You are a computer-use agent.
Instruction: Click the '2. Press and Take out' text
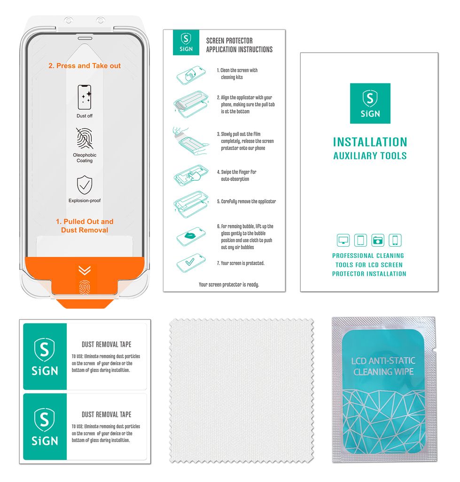85,66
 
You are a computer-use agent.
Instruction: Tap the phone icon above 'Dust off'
85,97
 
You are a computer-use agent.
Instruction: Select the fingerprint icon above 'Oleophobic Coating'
85,138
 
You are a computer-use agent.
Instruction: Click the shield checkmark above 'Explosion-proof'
85,185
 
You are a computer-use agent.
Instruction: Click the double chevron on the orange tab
85,270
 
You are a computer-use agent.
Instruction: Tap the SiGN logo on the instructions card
186,42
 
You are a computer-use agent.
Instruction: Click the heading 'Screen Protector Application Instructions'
239,45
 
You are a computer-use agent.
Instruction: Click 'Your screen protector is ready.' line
229,284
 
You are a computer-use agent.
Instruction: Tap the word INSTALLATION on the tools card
370,142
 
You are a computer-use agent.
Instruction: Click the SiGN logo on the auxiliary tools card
370,104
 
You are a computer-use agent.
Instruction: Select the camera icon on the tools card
378,241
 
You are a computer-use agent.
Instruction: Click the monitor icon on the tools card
343,241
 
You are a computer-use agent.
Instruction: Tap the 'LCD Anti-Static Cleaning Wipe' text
383,366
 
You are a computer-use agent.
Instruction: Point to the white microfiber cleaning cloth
241,390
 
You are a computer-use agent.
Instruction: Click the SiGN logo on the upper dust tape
45,356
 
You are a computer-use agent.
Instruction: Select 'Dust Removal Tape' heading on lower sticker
106,415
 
